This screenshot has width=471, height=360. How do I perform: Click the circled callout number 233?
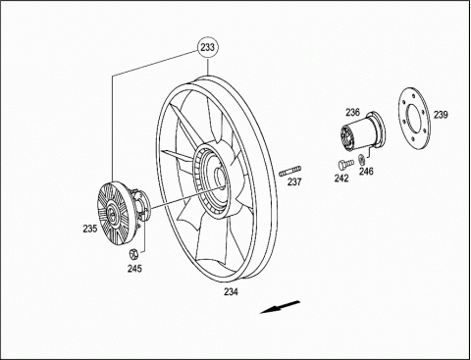pos(208,48)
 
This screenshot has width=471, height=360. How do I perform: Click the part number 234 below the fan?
pos(232,291)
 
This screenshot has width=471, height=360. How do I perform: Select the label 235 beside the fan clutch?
pos(90,229)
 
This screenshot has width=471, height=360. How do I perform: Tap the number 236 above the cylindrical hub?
pos(353,113)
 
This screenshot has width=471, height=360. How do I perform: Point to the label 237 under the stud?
pos(294,181)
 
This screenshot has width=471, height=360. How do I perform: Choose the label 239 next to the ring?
pos(441,115)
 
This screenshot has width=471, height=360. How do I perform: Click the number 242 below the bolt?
pos(341,179)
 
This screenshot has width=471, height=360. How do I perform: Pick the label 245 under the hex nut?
pos(134,269)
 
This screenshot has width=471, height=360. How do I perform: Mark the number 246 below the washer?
pos(366,171)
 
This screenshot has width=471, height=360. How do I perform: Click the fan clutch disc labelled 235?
pos(113,214)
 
